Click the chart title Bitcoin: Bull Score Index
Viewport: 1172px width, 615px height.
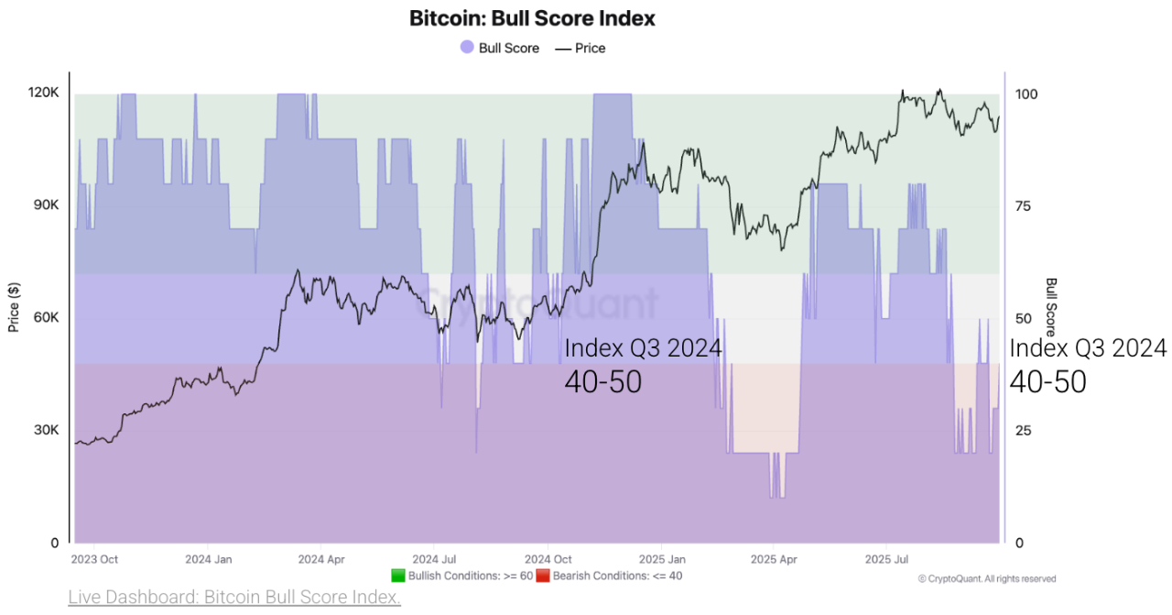point(532,18)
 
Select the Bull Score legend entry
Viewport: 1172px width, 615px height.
point(500,48)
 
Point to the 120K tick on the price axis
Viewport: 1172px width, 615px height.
point(43,93)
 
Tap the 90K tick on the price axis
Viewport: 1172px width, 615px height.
point(45,205)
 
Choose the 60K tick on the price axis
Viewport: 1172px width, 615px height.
point(45,318)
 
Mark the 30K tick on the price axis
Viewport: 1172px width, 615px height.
point(45,431)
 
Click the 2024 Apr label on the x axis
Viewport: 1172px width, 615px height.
point(320,559)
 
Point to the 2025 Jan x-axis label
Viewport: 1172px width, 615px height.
point(662,559)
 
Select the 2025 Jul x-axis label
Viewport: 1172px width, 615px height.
point(887,559)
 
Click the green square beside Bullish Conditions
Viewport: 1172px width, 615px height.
point(397,576)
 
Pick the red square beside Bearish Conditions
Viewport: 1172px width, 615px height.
point(542,576)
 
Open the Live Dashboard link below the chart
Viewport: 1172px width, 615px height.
point(234,598)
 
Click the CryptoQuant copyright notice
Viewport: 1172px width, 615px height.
point(987,578)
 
